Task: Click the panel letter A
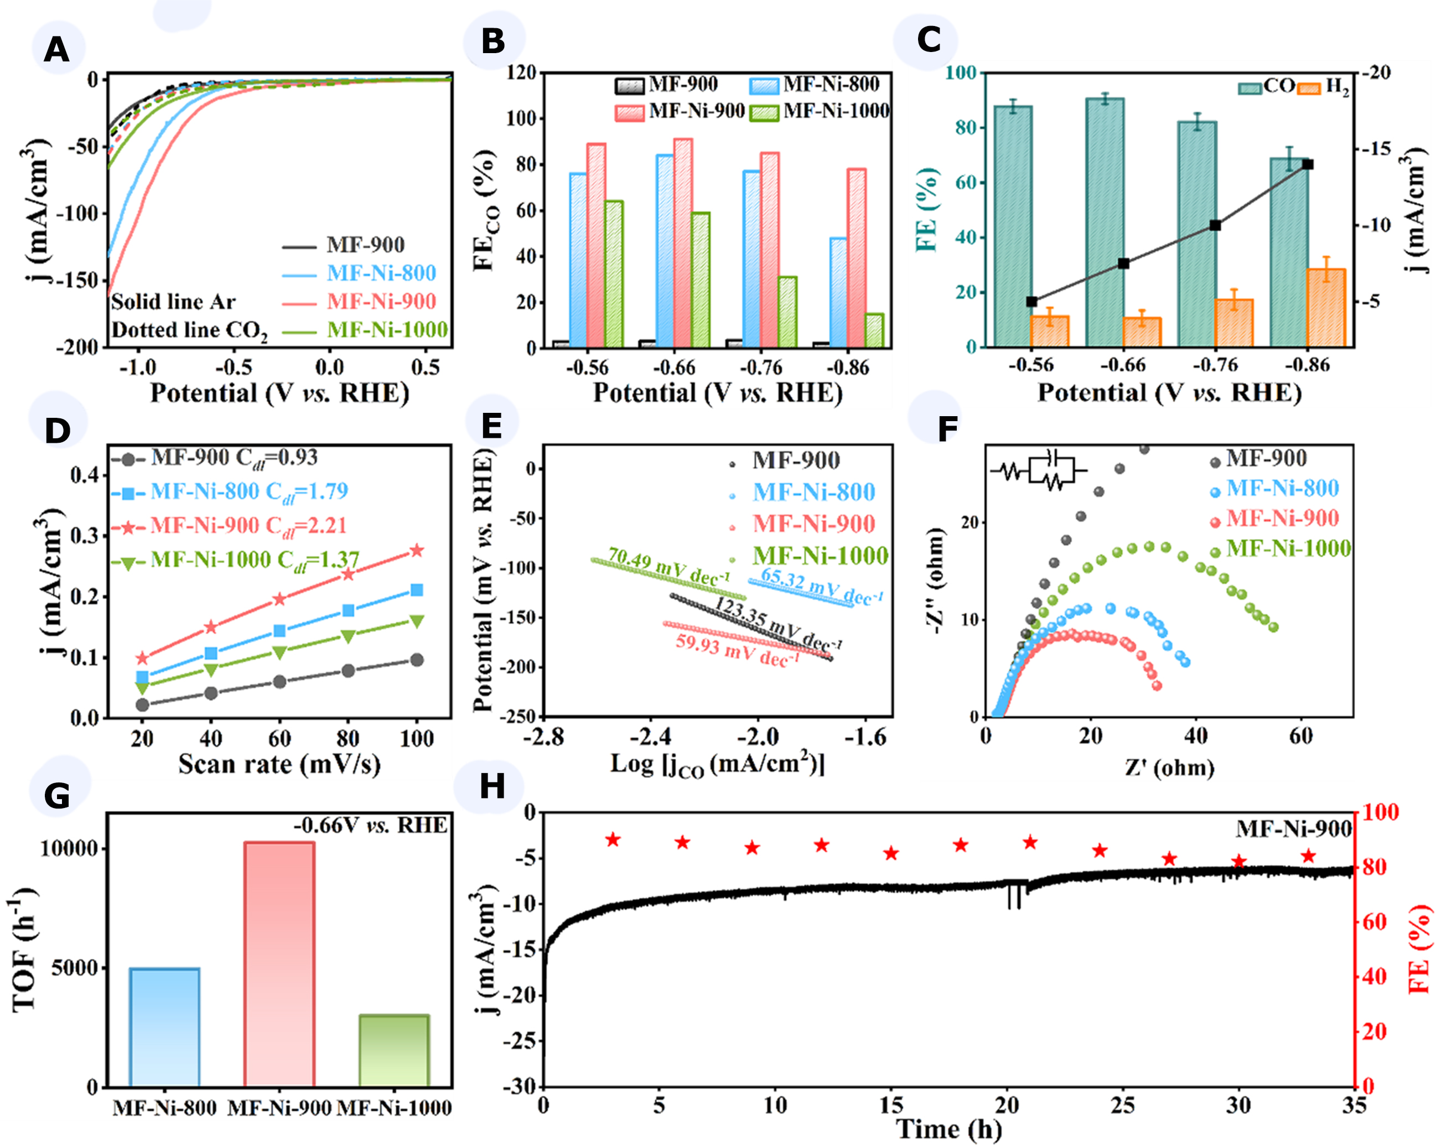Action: (56, 50)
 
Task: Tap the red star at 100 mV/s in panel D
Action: (417, 550)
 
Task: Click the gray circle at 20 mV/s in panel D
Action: (142, 704)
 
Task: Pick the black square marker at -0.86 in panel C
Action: (1308, 164)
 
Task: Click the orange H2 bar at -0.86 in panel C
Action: (1326, 308)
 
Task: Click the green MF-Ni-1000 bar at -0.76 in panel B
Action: (787, 312)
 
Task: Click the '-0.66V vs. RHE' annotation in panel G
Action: (370, 826)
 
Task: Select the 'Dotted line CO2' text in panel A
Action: (189, 330)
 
